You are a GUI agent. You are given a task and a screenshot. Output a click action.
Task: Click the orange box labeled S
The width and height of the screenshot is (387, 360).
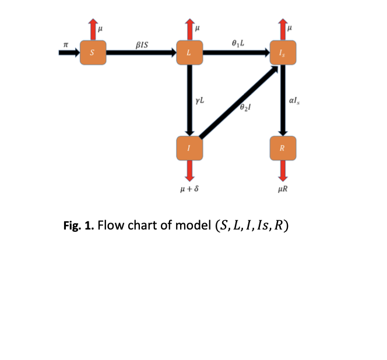click(x=92, y=53)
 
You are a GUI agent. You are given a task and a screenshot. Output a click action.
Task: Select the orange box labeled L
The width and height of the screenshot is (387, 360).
click(x=188, y=53)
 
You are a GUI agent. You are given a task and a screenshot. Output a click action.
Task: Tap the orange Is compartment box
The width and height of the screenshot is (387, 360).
click(x=283, y=53)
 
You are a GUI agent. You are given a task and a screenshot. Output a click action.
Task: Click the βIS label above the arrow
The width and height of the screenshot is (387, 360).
click(x=141, y=44)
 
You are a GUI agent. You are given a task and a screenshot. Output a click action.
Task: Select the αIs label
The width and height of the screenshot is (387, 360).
click(x=296, y=103)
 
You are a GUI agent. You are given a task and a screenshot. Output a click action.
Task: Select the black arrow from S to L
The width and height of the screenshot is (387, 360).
click(x=140, y=53)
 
